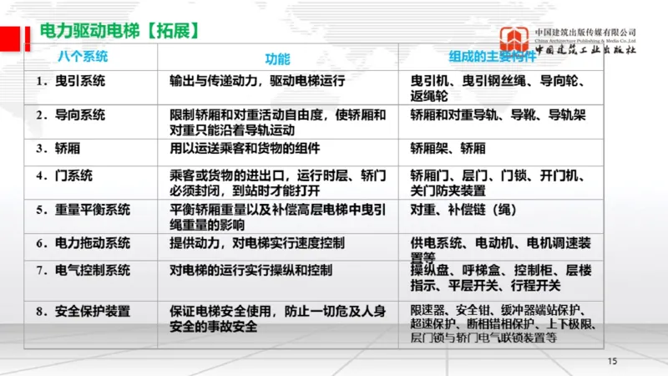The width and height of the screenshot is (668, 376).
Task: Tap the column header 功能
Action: point(277,59)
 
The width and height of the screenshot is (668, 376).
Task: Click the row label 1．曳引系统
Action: point(70,82)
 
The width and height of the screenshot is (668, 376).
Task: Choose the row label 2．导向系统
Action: point(70,114)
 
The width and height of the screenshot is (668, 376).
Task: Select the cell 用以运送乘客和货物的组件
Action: point(245,148)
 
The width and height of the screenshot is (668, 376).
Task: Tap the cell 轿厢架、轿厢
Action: point(448,148)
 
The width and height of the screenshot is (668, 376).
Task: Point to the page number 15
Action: point(612,361)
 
